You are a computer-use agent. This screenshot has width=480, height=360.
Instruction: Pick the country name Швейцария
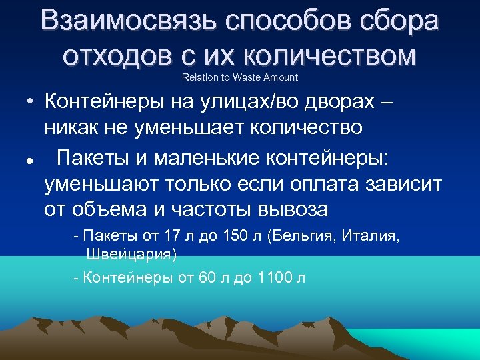click(x=131, y=255)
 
